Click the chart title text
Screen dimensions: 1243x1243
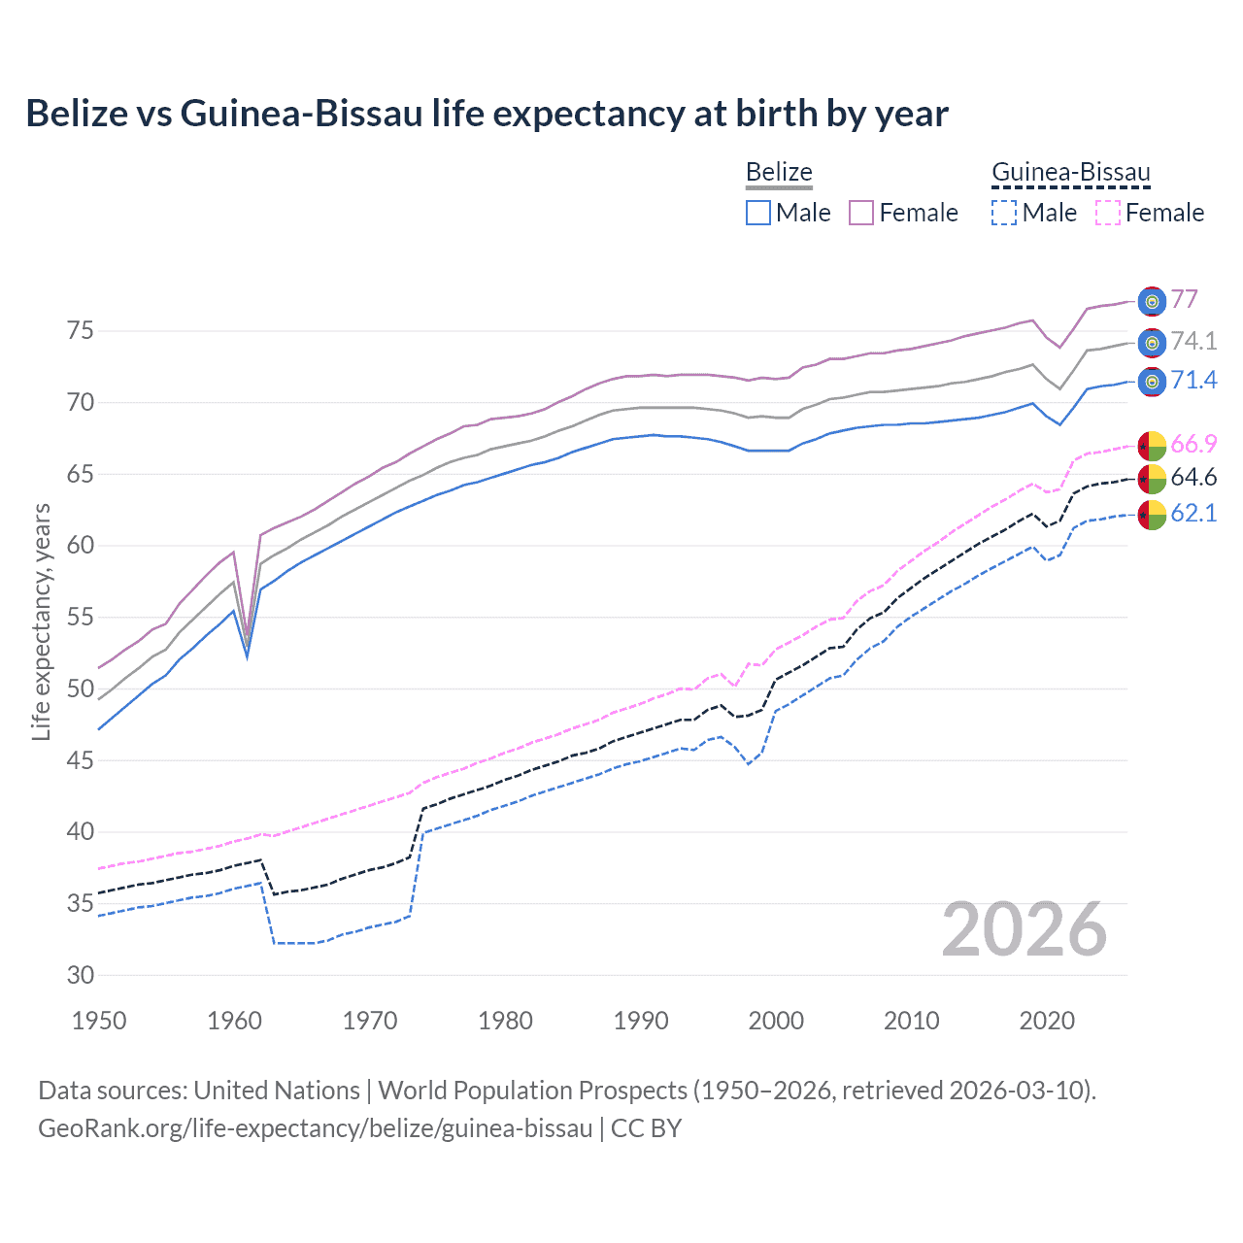[x=487, y=114]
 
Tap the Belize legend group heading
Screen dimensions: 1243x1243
[x=779, y=173]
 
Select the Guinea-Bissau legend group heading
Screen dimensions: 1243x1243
[x=1070, y=173]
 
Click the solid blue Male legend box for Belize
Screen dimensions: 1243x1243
[x=758, y=213]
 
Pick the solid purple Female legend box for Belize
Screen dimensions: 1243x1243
[x=861, y=213]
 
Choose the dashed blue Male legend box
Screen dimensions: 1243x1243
[x=1004, y=213]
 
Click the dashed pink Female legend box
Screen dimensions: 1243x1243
[x=1107, y=213]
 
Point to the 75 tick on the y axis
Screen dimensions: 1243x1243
[x=81, y=331]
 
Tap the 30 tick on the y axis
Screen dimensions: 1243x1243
[x=81, y=975]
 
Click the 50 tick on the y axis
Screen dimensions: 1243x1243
[x=81, y=689]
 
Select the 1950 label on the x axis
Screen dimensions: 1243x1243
[x=99, y=1021]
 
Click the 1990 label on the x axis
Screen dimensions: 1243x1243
[x=641, y=1021]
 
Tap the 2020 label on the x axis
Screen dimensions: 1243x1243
[x=1047, y=1021]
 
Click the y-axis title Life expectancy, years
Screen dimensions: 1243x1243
[x=42, y=621]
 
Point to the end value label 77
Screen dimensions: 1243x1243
[x=1184, y=299]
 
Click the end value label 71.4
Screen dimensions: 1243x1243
[x=1193, y=380]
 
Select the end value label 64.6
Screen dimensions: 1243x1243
[x=1193, y=477]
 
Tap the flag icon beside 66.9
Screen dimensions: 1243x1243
[x=1152, y=445]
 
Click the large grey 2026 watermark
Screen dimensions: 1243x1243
[x=1024, y=929]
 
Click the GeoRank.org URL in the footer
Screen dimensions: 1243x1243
[x=315, y=1128]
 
